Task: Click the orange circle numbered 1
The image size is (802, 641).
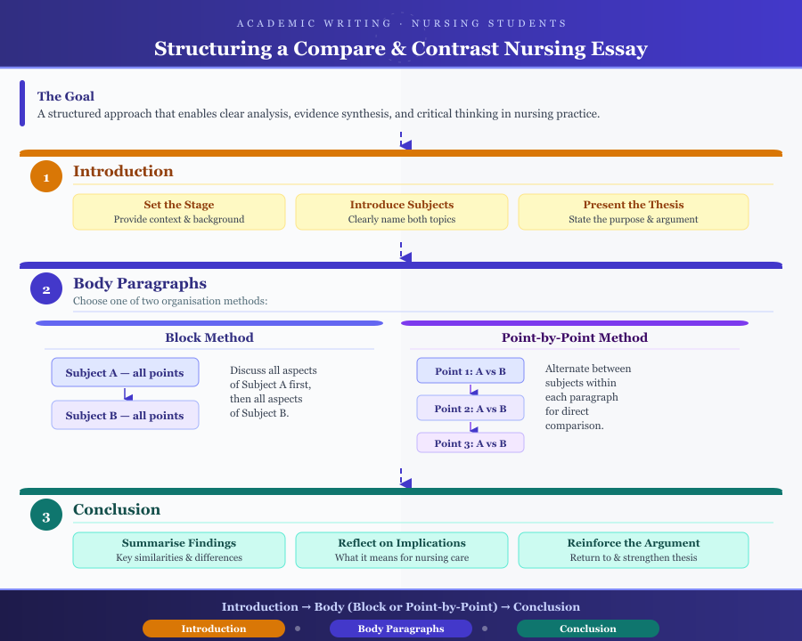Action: click(46, 176)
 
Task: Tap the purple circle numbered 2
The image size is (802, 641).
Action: click(46, 288)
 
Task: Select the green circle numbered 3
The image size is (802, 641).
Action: click(46, 515)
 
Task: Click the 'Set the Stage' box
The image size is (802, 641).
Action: click(179, 212)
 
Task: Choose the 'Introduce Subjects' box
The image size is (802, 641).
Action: click(402, 212)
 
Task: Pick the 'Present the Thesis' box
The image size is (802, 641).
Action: click(634, 212)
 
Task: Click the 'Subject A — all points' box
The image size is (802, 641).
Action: click(125, 373)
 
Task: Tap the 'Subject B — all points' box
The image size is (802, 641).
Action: click(125, 416)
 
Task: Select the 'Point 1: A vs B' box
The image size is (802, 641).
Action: click(471, 371)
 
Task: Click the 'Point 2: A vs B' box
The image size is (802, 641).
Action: click(471, 409)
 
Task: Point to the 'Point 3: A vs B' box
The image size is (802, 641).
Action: click(471, 443)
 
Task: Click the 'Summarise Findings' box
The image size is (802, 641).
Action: click(179, 550)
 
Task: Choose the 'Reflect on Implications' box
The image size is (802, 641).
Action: click(402, 550)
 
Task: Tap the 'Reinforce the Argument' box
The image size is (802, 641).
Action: click(634, 550)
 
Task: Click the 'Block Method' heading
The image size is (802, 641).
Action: click(209, 338)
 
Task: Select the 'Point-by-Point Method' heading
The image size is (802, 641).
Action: click(575, 338)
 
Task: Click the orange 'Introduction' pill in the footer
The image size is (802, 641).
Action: click(214, 629)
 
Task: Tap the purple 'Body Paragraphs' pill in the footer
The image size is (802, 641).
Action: click(401, 629)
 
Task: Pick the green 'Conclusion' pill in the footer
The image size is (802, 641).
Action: click(588, 629)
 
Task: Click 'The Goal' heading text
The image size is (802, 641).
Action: click(66, 96)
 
